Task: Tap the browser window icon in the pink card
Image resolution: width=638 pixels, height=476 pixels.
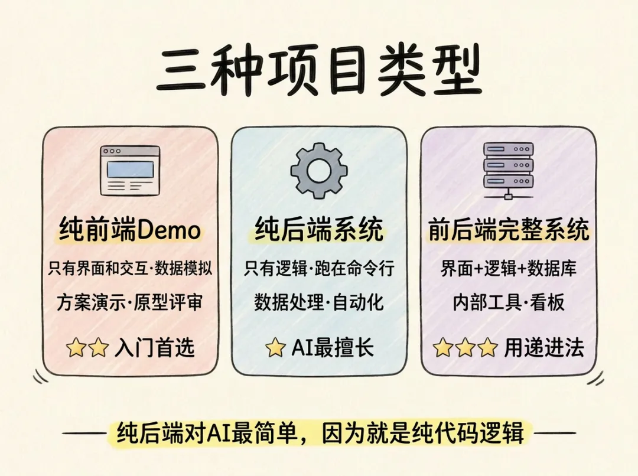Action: click(130, 170)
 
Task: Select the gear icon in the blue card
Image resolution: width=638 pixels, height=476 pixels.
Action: click(319, 170)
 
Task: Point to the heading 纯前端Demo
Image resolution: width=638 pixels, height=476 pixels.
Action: click(130, 229)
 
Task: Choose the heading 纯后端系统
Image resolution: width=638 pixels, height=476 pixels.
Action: click(319, 229)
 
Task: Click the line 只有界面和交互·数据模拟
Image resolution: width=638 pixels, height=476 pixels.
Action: click(130, 269)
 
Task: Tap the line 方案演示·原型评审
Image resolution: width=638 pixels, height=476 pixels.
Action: click(130, 303)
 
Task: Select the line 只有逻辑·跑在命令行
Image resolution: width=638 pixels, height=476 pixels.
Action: click(319, 269)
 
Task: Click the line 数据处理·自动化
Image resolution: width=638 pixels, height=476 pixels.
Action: click(319, 303)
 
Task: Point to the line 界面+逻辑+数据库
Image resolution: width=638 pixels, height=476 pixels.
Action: click(508, 269)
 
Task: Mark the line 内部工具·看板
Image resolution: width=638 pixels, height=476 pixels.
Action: click(508, 303)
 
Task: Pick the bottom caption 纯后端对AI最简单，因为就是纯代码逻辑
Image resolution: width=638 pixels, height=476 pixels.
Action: click(319, 433)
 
